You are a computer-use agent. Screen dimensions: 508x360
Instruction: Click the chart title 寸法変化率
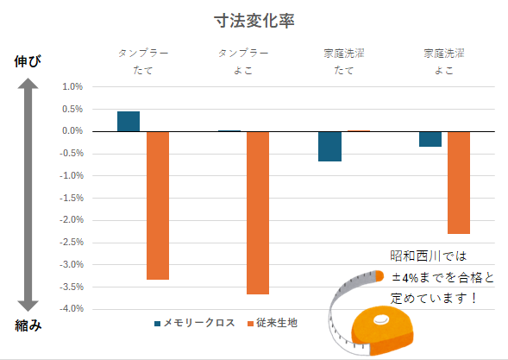coord(254,21)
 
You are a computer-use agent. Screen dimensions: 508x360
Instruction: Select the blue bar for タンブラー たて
coord(129,122)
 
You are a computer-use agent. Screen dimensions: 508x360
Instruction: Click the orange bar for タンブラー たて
coord(158,205)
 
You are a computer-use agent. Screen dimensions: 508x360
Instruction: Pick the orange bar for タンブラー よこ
coord(258,212)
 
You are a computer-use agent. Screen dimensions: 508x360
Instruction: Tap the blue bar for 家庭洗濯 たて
coord(329,146)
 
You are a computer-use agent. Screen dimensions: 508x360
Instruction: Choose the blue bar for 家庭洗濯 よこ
coord(430,139)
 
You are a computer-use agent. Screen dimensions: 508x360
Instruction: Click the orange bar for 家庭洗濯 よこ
coord(459,183)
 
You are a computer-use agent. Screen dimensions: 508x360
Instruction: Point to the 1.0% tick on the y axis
coord(72,86)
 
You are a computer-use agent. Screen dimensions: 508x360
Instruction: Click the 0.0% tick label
coord(72,130)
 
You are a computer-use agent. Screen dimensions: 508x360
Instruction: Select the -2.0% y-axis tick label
coord(72,219)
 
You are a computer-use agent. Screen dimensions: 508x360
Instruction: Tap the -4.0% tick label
coord(72,308)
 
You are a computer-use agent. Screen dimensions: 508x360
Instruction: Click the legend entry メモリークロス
coord(195,323)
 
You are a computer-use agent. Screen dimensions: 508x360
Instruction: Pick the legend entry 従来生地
coord(273,323)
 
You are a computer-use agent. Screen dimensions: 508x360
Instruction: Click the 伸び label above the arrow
coord(28,61)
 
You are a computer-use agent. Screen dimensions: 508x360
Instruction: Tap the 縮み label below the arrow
coord(28,325)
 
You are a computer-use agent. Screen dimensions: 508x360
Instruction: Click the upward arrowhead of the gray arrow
coord(28,84)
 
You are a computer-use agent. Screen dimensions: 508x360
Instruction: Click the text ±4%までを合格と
coord(442,278)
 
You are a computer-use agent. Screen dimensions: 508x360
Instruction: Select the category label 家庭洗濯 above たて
coord(344,54)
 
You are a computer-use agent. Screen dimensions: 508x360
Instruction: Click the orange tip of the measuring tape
coord(379,276)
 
